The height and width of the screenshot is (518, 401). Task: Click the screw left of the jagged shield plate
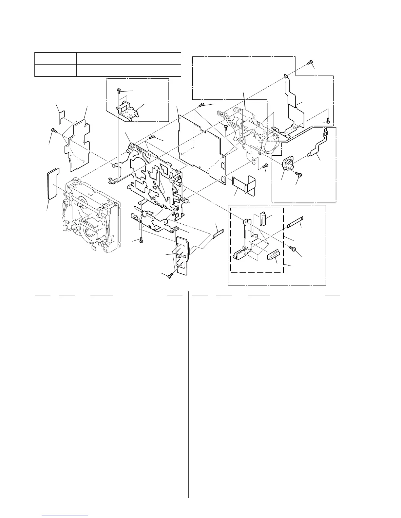(x=53, y=130)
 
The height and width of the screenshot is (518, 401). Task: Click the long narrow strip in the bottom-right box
(x=296, y=222)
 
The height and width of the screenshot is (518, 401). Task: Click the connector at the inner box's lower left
(x=239, y=255)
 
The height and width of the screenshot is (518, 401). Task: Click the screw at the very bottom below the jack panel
(x=169, y=277)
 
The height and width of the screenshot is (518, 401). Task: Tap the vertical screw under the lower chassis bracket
(x=141, y=240)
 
